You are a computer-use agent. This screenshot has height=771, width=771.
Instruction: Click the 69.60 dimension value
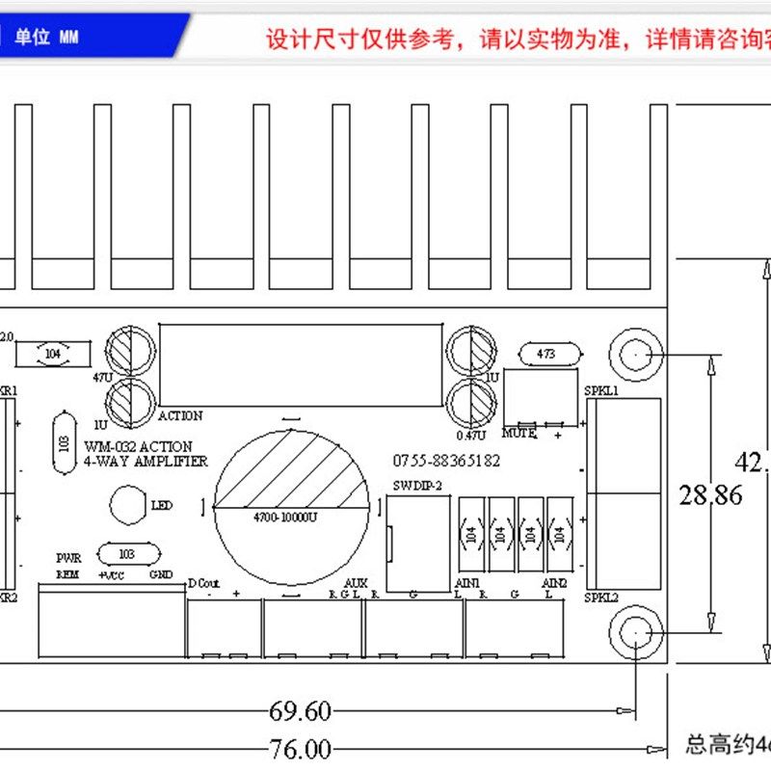(x=300, y=712)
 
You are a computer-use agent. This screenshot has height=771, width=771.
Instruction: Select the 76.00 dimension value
(x=300, y=749)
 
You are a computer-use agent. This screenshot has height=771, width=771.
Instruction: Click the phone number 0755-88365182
(x=446, y=462)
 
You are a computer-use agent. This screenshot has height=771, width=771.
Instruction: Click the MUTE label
(x=518, y=434)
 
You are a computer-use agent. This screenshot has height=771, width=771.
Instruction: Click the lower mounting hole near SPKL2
(x=636, y=633)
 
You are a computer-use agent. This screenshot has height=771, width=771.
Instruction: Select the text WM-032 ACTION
(x=138, y=447)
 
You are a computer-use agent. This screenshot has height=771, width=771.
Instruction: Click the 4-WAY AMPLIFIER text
(x=146, y=462)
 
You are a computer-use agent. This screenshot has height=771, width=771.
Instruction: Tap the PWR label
(x=68, y=558)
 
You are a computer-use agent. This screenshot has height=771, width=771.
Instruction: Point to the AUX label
(x=356, y=583)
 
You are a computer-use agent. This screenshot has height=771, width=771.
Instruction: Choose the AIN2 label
(x=554, y=583)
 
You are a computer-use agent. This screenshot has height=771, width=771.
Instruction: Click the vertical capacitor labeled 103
(x=65, y=442)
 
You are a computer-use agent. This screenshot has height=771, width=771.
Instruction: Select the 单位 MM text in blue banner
(x=46, y=37)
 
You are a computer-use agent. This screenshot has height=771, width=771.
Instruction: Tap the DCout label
(x=204, y=583)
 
